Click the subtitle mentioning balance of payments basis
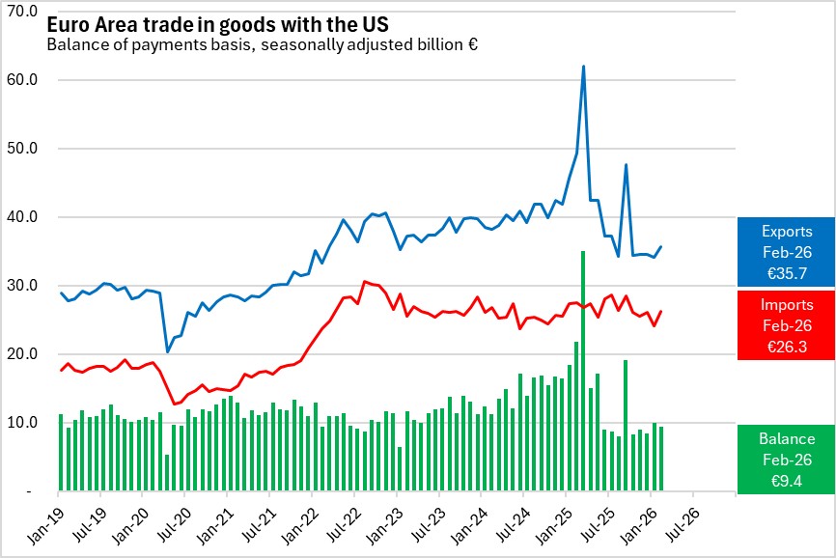(x=263, y=44)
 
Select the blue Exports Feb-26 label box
(x=787, y=252)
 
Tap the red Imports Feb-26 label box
(x=787, y=325)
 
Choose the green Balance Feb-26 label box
(x=787, y=459)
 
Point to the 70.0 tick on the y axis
(x=21, y=11)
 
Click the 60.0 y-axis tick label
(x=21, y=79)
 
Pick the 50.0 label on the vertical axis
(x=21, y=148)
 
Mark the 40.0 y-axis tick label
(x=21, y=216)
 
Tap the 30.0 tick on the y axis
(x=21, y=285)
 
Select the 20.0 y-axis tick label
(x=21, y=353)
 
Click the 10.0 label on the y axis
(x=21, y=422)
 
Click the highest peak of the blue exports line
(x=584, y=67)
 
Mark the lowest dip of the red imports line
(x=174, y=405)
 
